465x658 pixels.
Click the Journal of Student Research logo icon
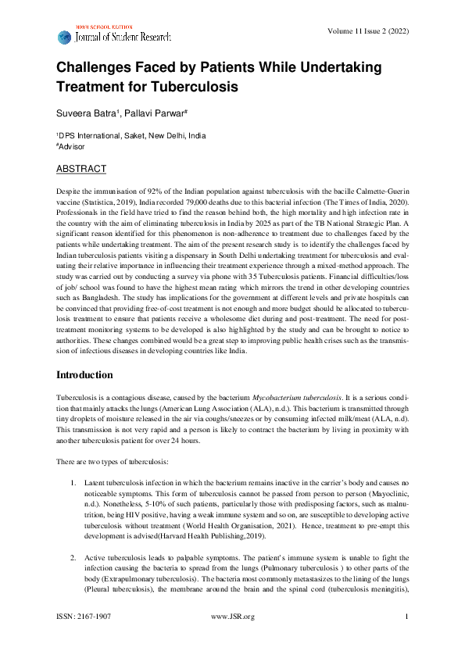64,37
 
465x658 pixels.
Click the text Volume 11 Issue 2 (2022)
370,31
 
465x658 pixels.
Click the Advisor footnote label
74,146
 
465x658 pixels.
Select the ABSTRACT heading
81,169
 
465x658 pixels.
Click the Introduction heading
90,376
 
